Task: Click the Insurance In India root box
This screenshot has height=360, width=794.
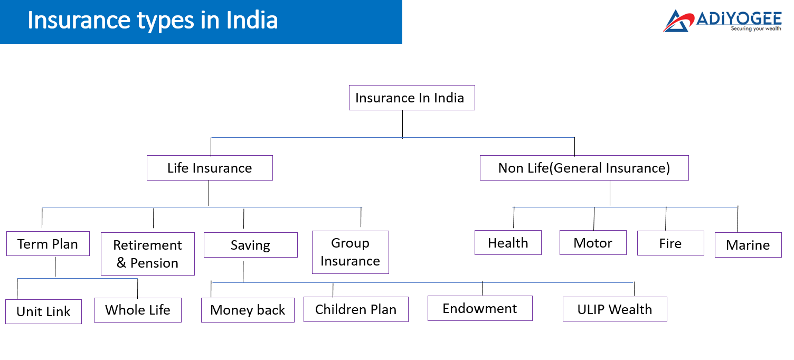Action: click(412, 98)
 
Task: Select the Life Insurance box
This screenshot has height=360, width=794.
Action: click(210, 168)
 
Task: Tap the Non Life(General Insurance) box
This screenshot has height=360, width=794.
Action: click(584, 168)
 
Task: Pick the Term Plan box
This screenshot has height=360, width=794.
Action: click(48, 244)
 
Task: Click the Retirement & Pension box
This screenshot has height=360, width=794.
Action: click(148, 254)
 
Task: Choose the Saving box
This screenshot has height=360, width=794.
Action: click(251, 245)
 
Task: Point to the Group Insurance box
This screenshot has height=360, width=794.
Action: click(351, 252)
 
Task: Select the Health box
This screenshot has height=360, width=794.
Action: click(508, 243)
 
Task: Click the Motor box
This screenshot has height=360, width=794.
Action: click(593, 243)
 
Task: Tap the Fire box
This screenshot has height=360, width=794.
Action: click(670, 243)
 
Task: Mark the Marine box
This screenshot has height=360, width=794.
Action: click(748, 245)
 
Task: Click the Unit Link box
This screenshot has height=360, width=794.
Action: click(44, 311)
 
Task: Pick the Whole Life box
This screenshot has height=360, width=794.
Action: click(138, 310)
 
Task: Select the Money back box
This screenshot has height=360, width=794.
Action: click(248, 310)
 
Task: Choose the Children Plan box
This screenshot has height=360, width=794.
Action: click(356, 309)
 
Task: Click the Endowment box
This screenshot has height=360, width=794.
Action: click(480, 308)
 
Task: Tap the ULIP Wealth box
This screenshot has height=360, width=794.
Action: click(615, 309)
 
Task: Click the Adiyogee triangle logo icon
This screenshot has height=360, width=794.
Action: click(678, 21)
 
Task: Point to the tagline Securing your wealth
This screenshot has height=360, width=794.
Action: click(755, 29)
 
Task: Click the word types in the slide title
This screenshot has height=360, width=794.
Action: click(166, 20)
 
